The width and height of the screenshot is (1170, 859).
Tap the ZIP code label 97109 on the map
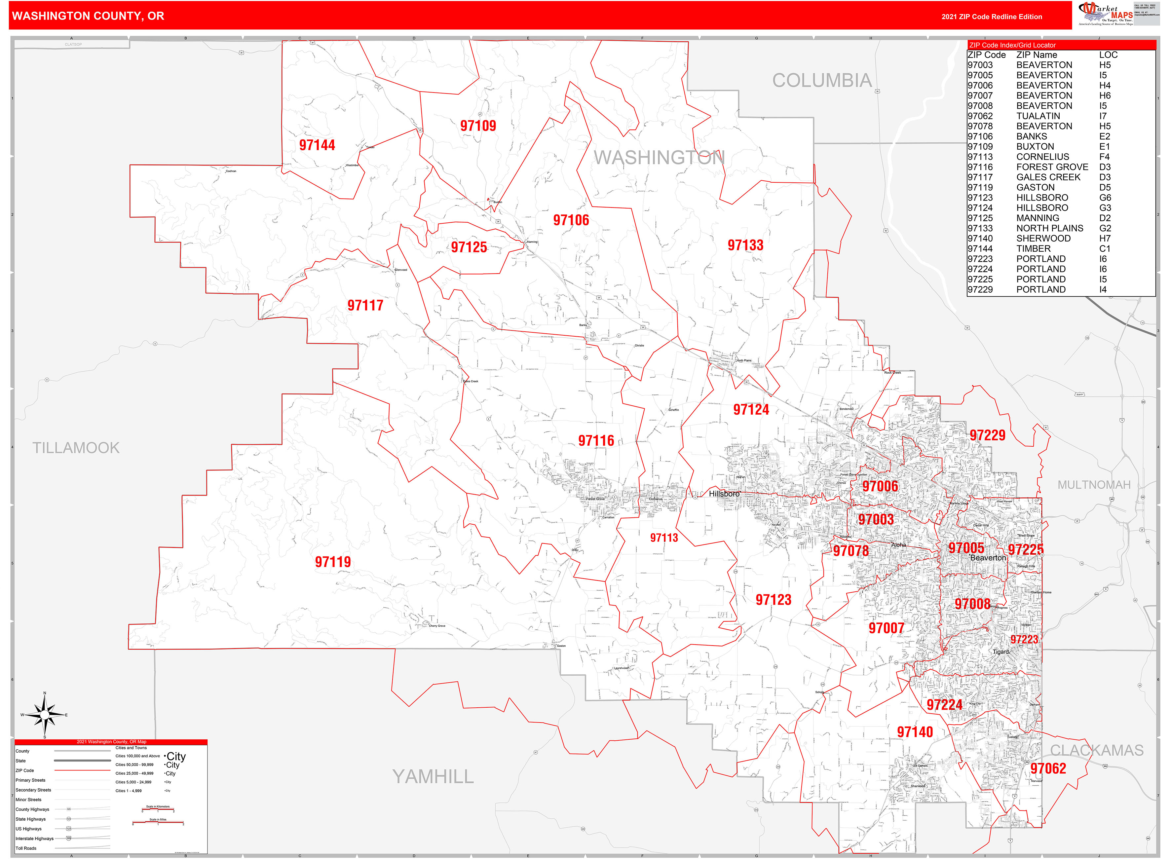(478, 126)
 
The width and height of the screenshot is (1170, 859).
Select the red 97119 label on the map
(333, 562)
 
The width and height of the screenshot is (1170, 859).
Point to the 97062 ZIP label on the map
(1048, 768)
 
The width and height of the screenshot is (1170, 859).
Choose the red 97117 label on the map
(365, 306)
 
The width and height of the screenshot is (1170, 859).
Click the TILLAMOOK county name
(76, 448)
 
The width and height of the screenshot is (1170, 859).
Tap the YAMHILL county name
(433, 776)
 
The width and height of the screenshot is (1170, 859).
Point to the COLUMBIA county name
(822, 81)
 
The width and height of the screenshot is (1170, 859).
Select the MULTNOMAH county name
(1094, 485)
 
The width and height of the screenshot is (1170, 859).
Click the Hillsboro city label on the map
(724, 494)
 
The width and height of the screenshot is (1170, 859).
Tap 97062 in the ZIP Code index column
(980, 116)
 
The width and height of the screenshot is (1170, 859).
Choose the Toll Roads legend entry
(26, 848)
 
